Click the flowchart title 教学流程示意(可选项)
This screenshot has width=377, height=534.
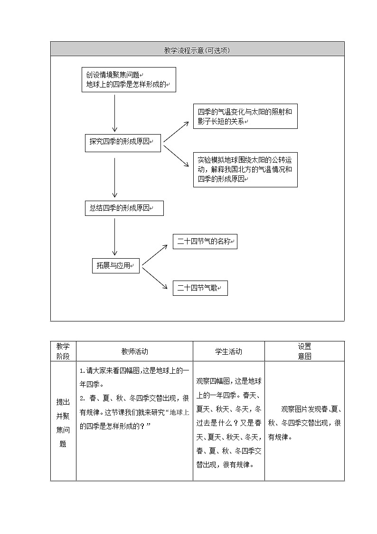tap(197, 50)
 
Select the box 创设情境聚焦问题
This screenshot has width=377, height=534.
tap(128, 79)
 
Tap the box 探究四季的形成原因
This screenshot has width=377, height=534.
tap(123, 142)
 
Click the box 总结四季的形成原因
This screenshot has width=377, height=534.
tap(124, 208)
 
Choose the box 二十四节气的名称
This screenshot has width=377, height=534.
tap(205, 242)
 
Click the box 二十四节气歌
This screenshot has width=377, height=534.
tap(200, 288)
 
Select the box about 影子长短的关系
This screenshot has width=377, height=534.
tap(245, 117)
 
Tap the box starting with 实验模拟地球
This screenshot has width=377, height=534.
tap(245, 170)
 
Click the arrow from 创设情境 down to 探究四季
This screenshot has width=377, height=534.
tap(114, 113)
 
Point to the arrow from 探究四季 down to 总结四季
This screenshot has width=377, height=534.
tap(114, 177)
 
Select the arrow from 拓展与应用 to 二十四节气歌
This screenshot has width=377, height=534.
tap(155, 278)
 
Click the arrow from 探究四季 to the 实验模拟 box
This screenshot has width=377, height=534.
tap(176, 153)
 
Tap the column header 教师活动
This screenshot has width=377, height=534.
tap(134, 351)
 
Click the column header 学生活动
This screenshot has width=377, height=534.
tap(228, 351)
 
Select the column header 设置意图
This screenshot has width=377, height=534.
tap(304, 351)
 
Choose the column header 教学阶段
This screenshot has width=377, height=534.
tap(63, 351)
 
